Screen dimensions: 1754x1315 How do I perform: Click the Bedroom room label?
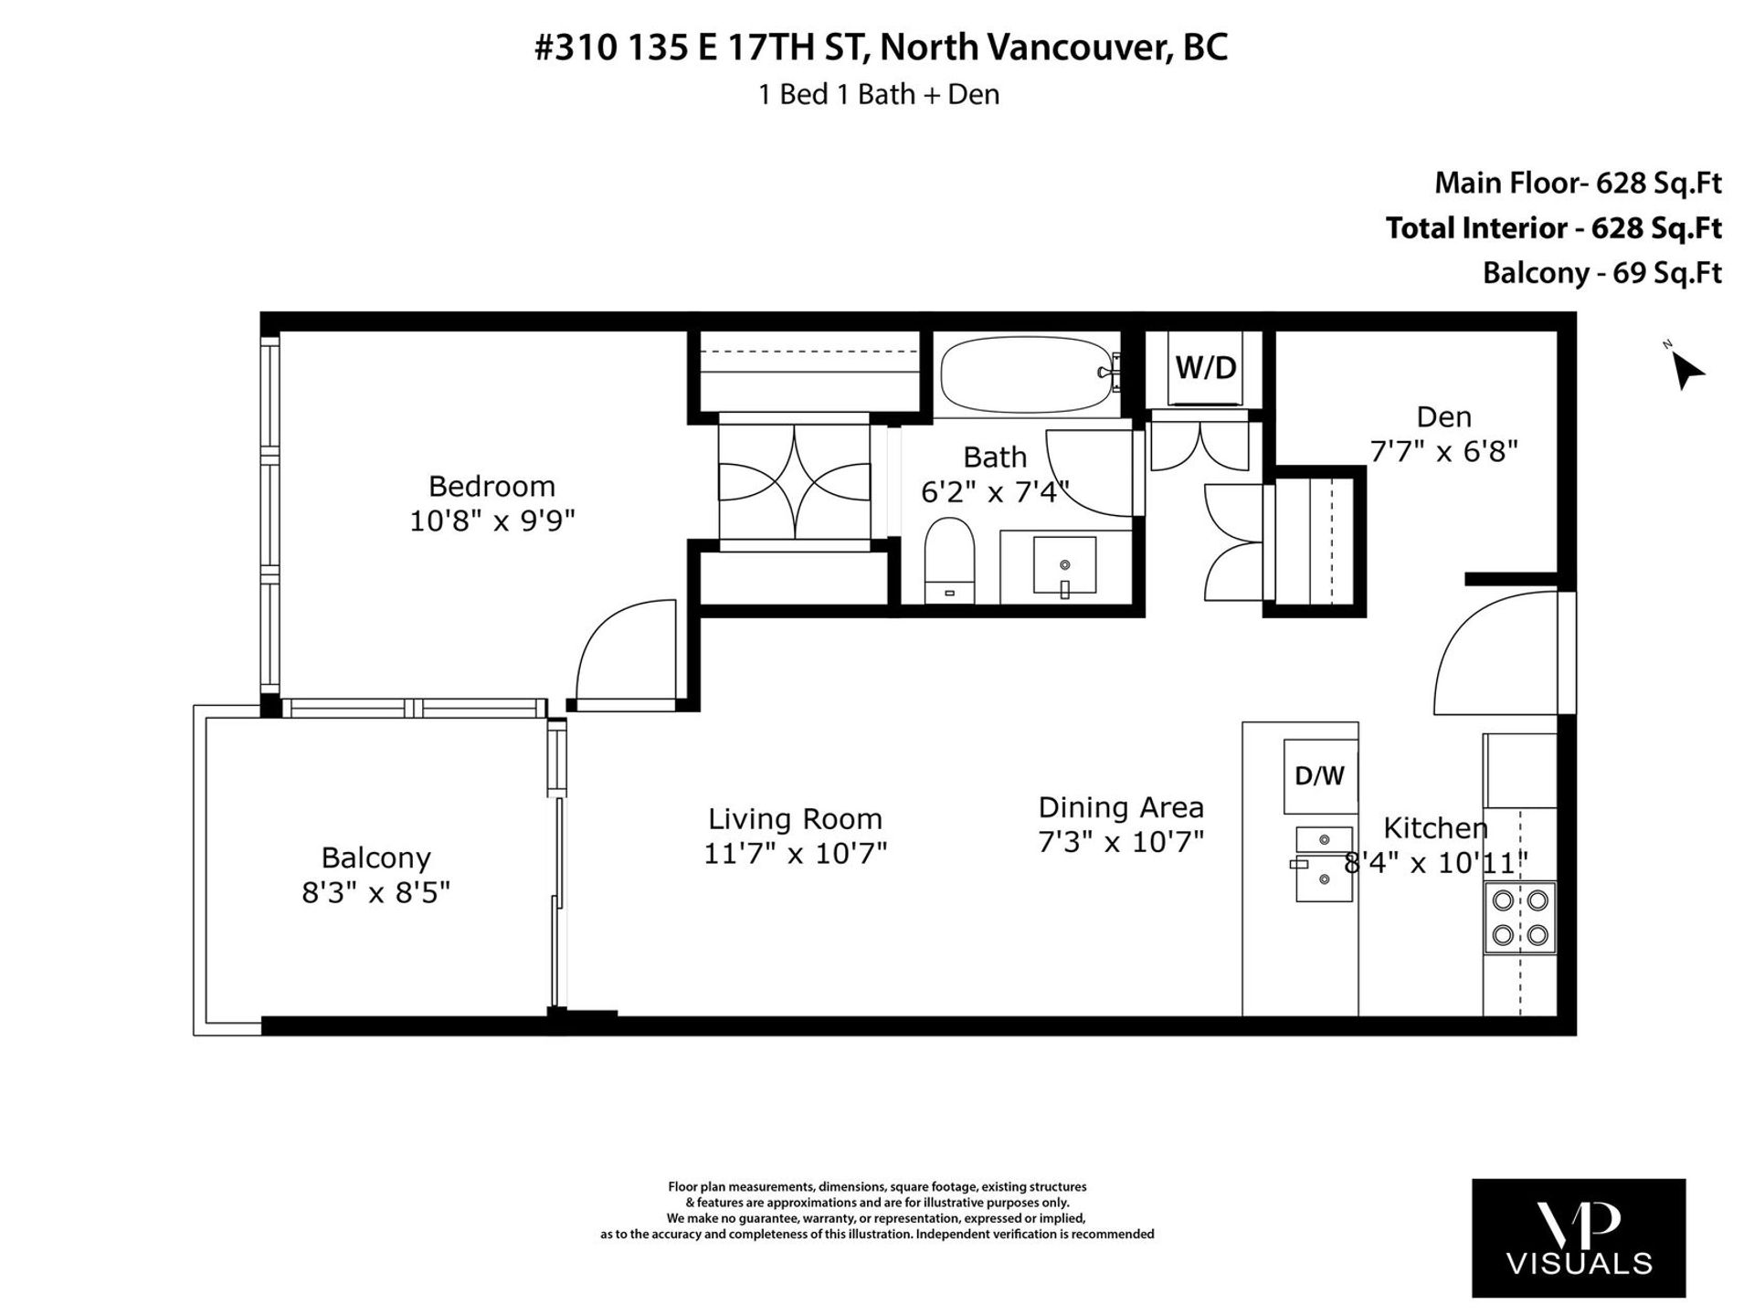pyautogui.click(x=491, y=485)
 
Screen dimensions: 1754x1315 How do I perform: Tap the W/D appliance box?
pyautogui.click(x=1205, y=369)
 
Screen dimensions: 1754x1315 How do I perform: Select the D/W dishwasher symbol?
pyautogui.click(x=1320, y=776)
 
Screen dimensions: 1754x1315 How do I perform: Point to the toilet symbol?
pyautogui.click(x=949, y=561)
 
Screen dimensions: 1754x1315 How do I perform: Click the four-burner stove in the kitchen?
pyautogui.click(x=1519, y=918)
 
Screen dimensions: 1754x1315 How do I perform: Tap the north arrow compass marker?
pyautogui.click(x=1685, y=367)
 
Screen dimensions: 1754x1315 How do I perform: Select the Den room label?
pyautogui.click(x=1443, y=417)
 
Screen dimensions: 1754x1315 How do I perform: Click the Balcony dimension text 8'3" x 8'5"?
pyautogui.click(x=376, y=892)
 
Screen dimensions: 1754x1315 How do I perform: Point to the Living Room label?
pyautogui.click(x=795, y=818)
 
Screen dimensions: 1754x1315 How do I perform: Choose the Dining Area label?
pyautogui.click(x=1121, y=807)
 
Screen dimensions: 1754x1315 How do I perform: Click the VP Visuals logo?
pyautogui.click(x=1579, y=1237)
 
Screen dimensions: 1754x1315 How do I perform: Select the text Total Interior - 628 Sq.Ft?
pyautogui.click(x=1553, y=228)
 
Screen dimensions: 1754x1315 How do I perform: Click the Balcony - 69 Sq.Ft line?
pyautogui.click(x=1601, y=273)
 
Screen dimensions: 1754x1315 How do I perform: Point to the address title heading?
pyautogui.click(x=881, y=48)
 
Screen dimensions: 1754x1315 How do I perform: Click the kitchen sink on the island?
pyautogui.click(x=1323, y=864)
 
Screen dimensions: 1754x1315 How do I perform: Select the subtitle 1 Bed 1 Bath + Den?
pyautogui.click(x=879, y=94)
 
